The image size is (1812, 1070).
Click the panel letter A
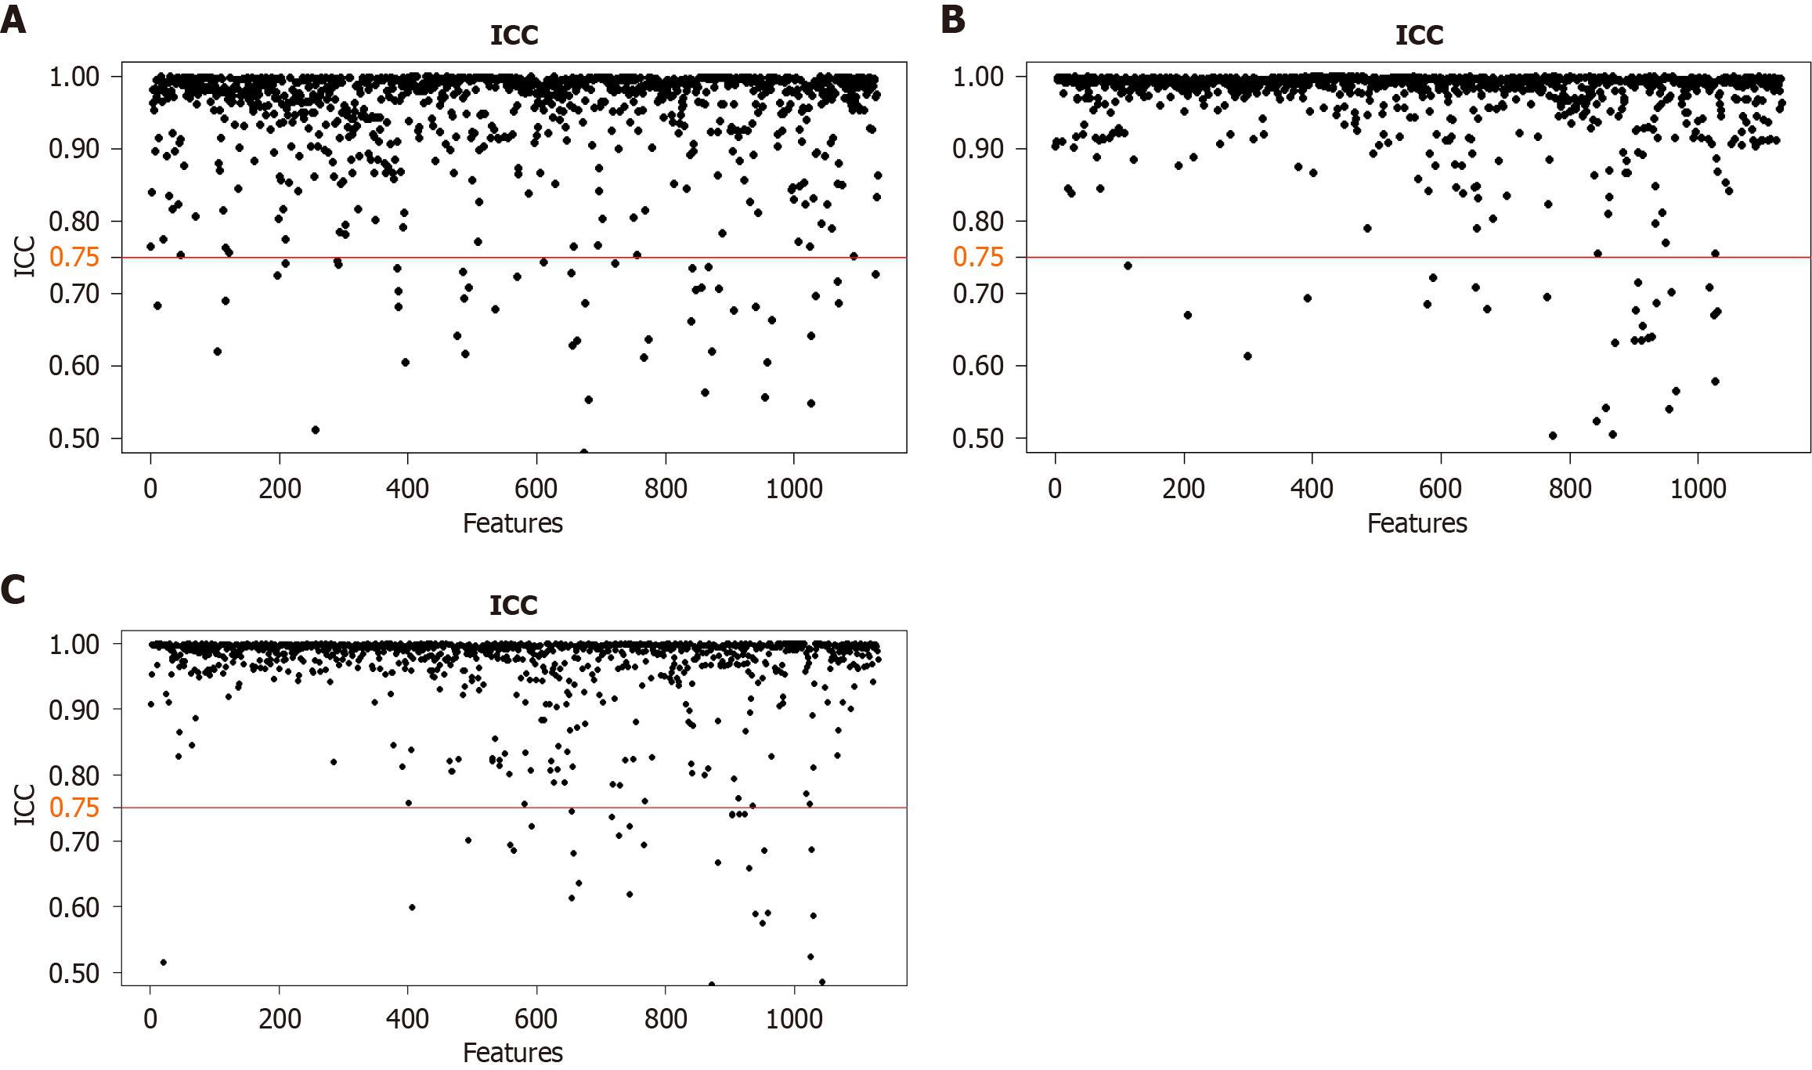pos(13,20)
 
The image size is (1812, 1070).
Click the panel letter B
pos(953,20)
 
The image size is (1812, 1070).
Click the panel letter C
pos(13,589)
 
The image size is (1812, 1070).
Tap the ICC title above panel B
pos(1419,35)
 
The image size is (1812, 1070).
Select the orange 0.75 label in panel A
pos(74,257)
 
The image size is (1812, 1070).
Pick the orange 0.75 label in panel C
pos(74,808)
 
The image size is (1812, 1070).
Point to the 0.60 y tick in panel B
pos(977,366)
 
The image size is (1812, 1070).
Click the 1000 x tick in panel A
pos(794,489)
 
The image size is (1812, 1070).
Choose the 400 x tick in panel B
pos(1312,489)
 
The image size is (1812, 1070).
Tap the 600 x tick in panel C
pos(536,1018)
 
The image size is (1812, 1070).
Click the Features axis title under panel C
pos(513,1052)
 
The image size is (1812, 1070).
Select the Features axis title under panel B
pos(1417,523)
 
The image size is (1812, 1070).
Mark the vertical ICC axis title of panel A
pos(25,257)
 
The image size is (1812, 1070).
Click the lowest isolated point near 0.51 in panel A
pos(316,430)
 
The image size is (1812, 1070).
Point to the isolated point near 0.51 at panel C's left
pos(164,962)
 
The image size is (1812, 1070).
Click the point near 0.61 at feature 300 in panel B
pos(1247,356)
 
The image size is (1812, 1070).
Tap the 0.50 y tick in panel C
pos(74,973)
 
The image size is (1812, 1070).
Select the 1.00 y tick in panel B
pos(977,77)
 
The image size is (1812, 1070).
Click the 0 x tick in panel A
pos(150,489)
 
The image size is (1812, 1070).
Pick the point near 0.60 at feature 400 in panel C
pos(412,907)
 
